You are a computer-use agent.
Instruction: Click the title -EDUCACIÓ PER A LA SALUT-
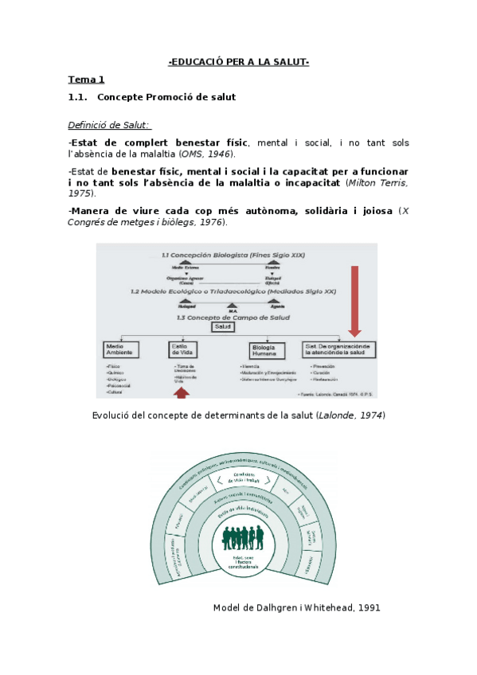(x=239, y=62)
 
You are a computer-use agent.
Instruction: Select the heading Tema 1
(x=86, y=80)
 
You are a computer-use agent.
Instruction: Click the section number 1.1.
(x=77, y=97)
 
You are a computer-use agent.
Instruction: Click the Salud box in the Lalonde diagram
(x=222, y=326)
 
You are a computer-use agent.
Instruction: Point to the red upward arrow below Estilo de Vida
(x=182, y=392)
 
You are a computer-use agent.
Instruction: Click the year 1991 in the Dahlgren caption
(x=369, y=607)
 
